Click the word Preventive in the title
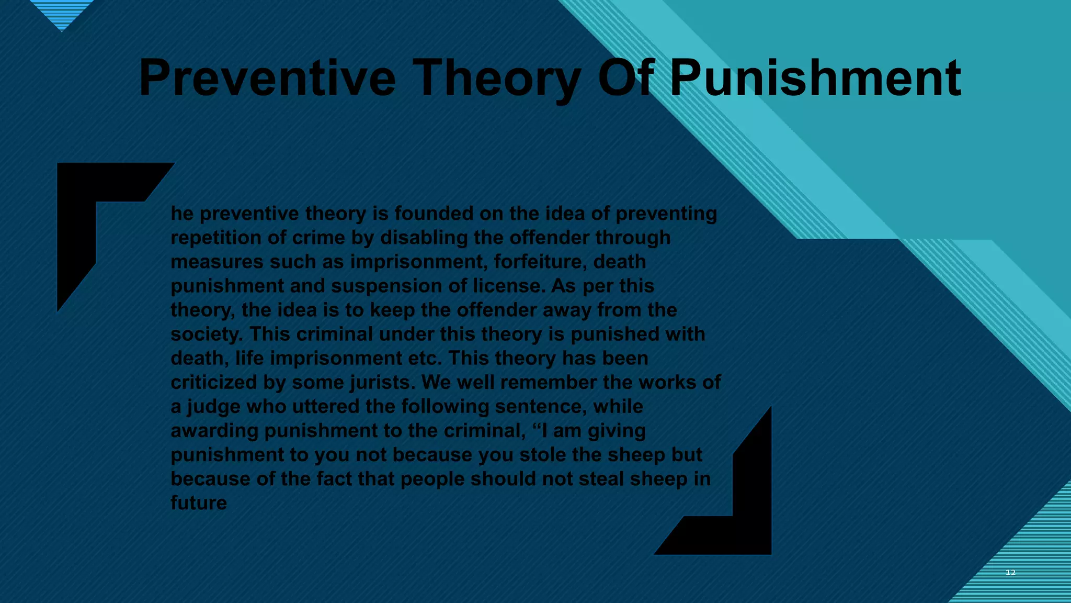[x=267, y=79]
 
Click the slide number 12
[x=1010, y=573]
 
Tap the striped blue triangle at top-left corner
[x=62, y=13]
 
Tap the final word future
[x=199, y=503]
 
